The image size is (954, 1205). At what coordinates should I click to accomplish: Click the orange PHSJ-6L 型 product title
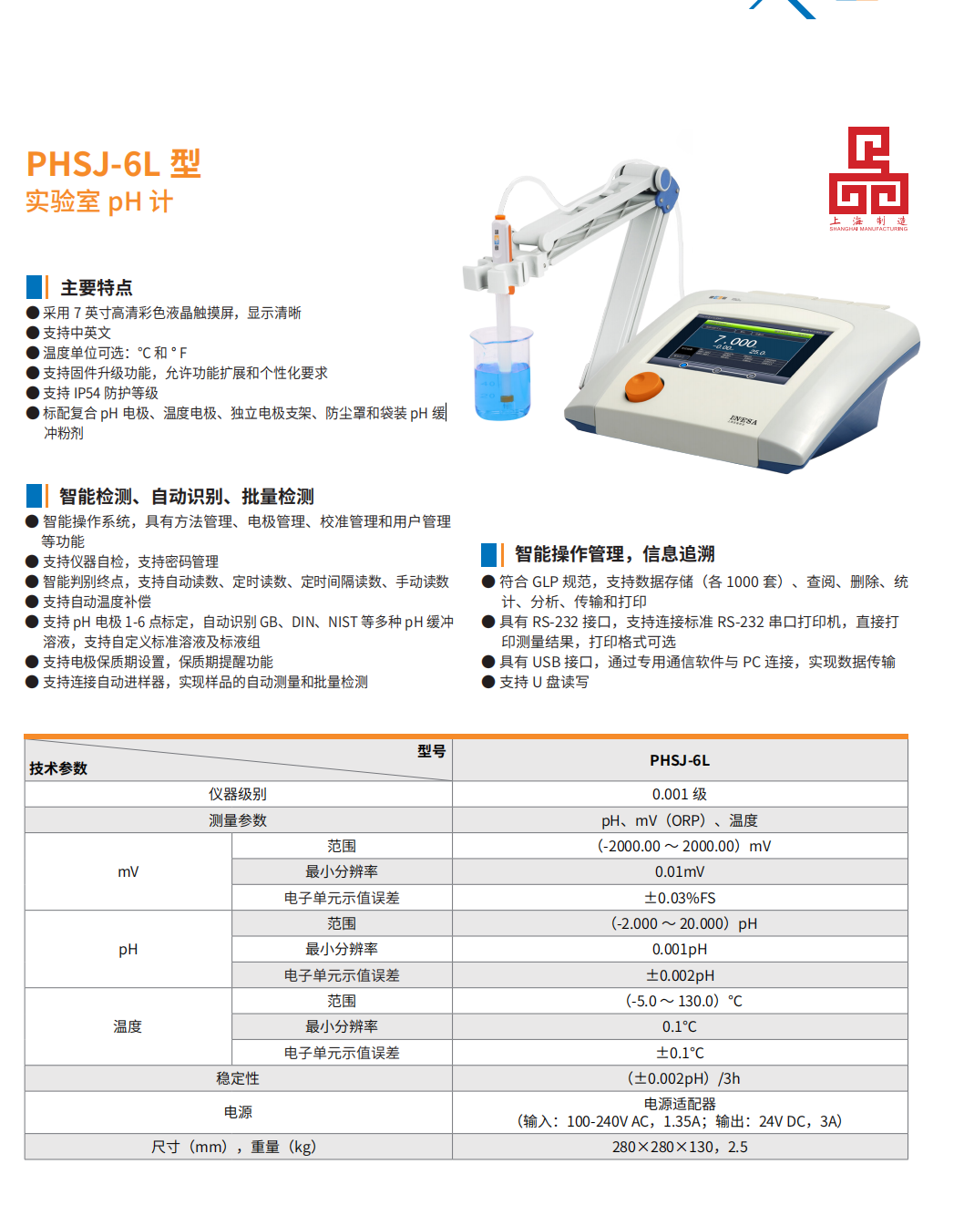tap(114, 163)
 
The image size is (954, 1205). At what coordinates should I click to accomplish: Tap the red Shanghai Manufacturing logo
tap(868, 179)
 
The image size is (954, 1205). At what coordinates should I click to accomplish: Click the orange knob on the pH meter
tap(644, 386)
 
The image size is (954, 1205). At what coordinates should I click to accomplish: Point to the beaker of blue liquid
tap(502, 374)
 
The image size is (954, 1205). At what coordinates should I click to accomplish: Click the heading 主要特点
tap(97, 288)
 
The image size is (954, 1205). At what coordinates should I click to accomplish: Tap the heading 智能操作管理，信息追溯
tap(615, 554)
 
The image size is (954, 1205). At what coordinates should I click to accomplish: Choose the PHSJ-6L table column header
tap(680, 760)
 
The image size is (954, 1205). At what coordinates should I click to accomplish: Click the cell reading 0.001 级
tap(680, 794)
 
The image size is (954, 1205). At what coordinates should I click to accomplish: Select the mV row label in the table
tap(128, 871)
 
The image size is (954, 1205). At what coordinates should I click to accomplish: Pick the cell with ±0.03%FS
tap(680, 898)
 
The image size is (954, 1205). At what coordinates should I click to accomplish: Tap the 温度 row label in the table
tap(128, 1026)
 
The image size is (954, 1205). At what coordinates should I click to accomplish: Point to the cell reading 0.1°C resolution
tap(680, 1026)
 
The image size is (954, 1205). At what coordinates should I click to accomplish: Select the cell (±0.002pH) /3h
tap(683, 1078)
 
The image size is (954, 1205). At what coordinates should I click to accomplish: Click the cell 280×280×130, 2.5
tap(680, 1147)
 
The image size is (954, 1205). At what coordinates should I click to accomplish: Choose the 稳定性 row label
tap(238, 1078)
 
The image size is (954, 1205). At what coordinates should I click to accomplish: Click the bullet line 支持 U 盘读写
tap(535, 682)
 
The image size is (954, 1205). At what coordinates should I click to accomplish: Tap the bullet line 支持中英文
tap(69, 333)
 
